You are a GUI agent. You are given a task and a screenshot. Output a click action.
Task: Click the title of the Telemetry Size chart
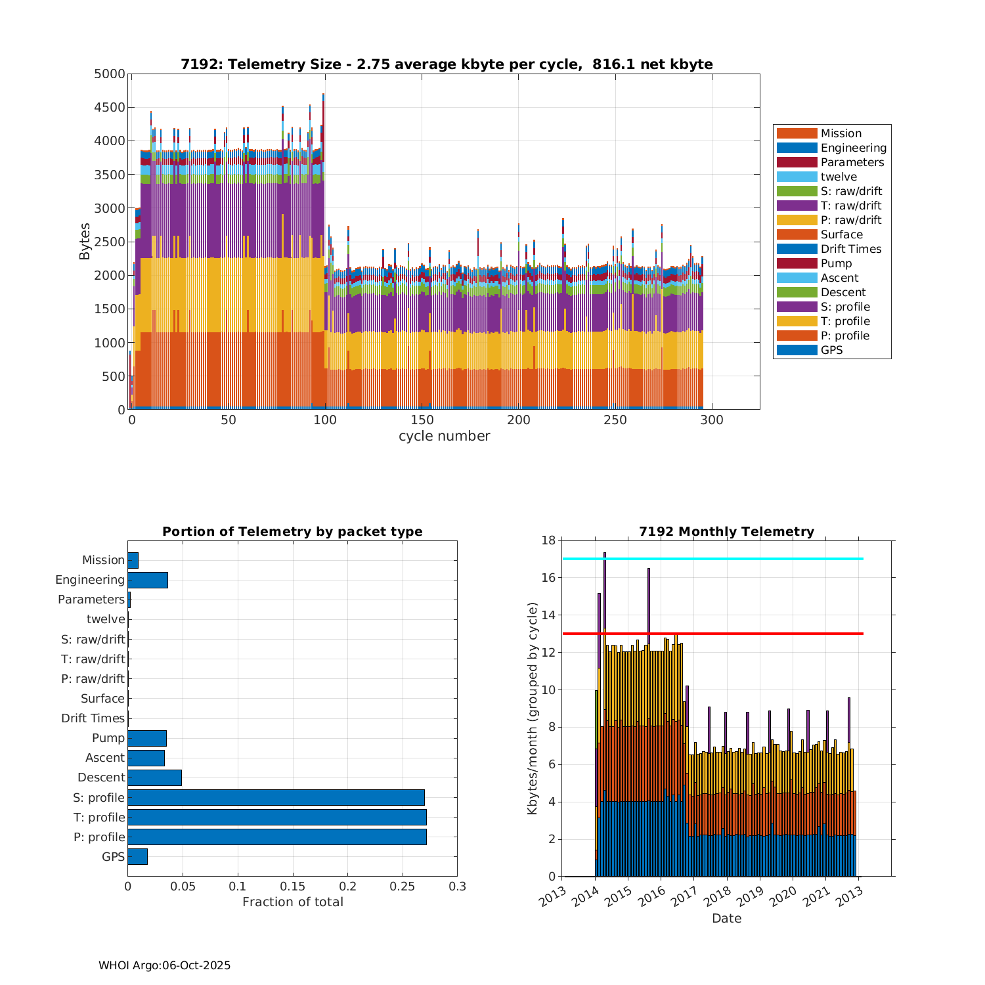[447, 64]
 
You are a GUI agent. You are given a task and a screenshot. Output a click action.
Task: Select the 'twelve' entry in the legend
[839, 177]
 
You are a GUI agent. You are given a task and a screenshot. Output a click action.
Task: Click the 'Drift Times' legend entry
[850, 249]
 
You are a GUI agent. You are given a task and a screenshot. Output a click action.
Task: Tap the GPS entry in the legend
[831, 350]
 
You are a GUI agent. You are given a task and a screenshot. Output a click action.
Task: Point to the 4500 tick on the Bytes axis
[110, 108]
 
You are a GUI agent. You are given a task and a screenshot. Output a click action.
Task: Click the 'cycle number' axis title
[444, 436]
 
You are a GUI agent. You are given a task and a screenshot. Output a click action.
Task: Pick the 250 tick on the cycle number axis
[615, 420]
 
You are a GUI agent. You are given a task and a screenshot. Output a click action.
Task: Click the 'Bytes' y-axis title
[85, 242]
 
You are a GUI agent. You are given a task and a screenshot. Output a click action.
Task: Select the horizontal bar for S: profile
[276, 797]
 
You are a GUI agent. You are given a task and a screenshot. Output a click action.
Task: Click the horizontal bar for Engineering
[148, 580]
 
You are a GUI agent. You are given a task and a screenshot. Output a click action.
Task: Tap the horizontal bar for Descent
[154, 777]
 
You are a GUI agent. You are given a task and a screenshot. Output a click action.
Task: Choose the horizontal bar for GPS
[137, 856]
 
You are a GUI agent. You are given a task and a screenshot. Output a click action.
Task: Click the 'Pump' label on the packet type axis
[108, 738]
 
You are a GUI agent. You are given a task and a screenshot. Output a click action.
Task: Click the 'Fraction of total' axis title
[293, 902]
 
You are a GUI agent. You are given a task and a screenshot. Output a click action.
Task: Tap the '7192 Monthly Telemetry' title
[726, 532]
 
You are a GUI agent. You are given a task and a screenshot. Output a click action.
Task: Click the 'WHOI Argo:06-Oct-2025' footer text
[165, 965]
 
